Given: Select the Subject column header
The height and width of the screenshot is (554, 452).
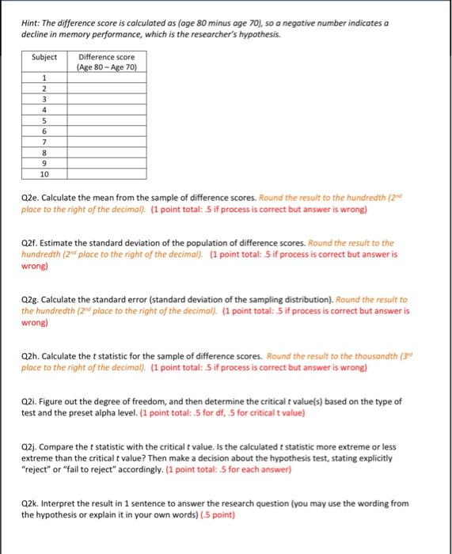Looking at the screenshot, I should click(44, 57).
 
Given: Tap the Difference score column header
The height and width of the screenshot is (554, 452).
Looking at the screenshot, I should click(107, 62).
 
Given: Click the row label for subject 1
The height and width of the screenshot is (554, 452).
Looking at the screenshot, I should click(44, 78).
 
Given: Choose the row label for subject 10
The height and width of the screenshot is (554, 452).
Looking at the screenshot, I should click(44, 174).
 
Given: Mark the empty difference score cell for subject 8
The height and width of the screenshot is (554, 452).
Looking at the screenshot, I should click(107, 153).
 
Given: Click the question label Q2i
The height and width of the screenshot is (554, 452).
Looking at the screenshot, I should click(29, 402).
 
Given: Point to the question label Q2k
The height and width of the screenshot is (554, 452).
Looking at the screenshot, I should click(30, 503).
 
